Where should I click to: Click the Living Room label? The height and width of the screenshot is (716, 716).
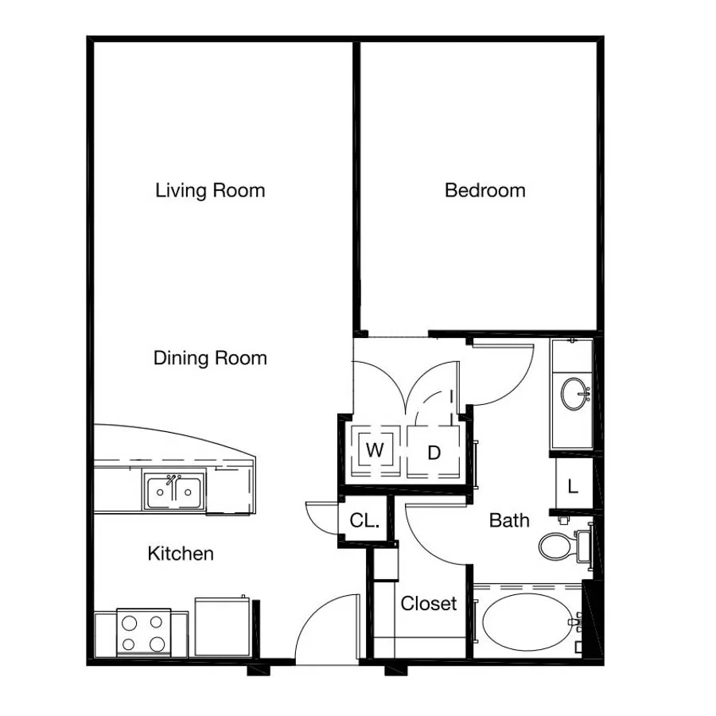coord(210,190)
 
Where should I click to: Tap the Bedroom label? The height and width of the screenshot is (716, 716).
coord(485,190)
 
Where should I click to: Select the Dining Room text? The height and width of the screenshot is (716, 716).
coord(210,358)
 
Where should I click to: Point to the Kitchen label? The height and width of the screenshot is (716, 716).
coord(181,554)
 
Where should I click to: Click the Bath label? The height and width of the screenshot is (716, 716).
coord(509,520)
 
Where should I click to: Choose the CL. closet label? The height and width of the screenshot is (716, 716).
coord(364,520)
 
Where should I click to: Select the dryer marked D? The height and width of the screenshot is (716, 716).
coord(434,452)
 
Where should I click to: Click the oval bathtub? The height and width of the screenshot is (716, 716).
coord(527,622)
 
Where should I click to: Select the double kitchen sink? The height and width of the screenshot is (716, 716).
coord(174,492)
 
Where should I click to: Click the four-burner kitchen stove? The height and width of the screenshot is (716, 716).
coord(143,632)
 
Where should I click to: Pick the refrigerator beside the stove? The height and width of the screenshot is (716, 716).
coord(223,626)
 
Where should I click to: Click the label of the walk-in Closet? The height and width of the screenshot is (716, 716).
coord(429,603)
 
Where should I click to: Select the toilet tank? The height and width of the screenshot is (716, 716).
coord(584,546)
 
